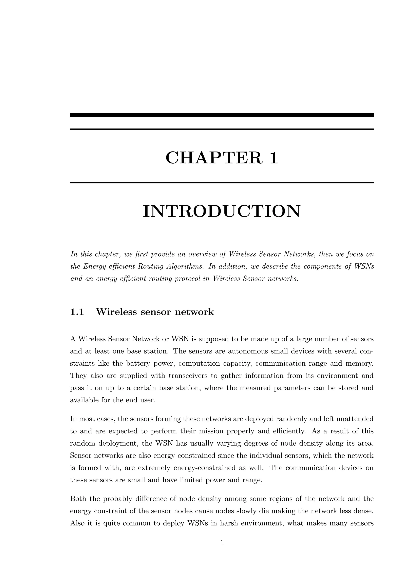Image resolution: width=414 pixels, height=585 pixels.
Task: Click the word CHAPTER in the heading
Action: pyautogui.click(x=214, y=158)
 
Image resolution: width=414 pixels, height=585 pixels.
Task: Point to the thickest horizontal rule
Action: pyautogui.click(x=222, y=115)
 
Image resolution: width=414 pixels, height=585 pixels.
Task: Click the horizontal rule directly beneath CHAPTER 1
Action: pyautogui.click(x=222, y=182)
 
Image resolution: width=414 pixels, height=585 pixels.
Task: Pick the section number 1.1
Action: pyautogui.click(x=77, y=312)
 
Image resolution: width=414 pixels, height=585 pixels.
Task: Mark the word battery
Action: pyautogui.click(x=138, y=363)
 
